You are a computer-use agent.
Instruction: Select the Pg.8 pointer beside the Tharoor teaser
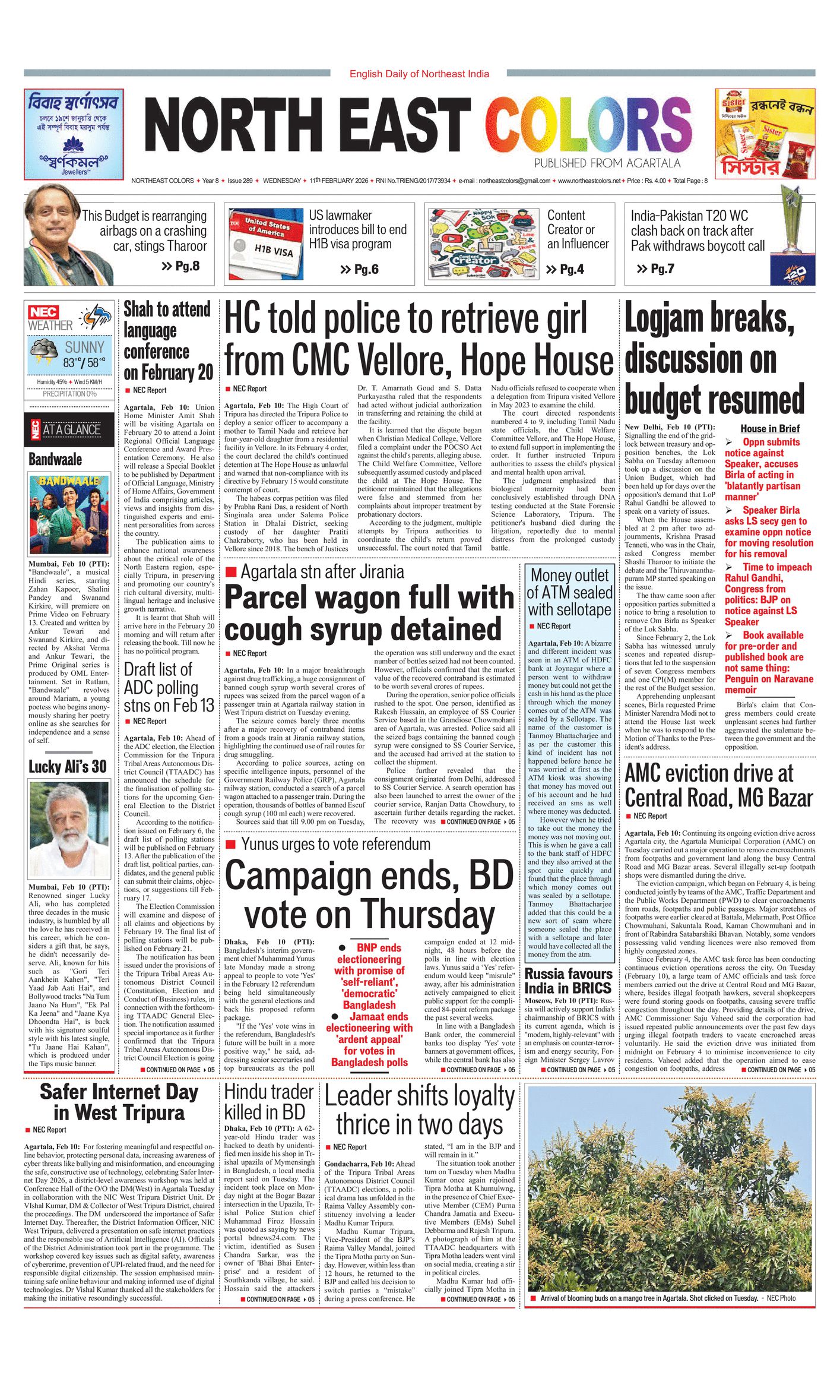180,265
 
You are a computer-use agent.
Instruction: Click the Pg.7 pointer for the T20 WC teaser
655,268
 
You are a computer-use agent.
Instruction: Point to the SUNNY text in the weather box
84,347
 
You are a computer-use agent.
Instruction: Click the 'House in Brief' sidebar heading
770,428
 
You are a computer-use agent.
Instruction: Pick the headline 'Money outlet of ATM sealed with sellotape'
570,592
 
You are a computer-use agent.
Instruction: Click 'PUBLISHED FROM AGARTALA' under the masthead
607,163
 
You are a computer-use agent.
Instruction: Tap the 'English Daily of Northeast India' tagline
419,74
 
